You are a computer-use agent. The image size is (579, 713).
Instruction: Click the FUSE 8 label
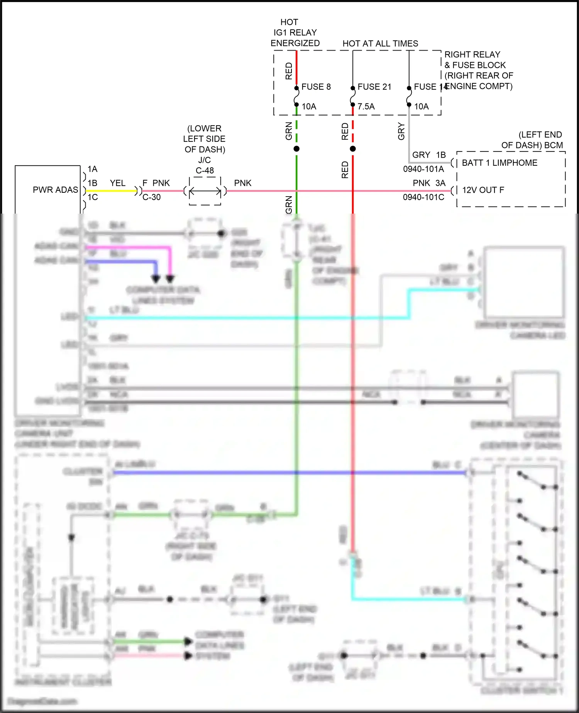(316, 87)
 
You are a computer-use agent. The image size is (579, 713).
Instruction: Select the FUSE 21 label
(374, 87)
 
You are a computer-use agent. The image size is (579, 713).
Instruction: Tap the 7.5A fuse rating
(366, 107)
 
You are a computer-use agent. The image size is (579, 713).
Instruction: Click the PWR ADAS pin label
(55, 190)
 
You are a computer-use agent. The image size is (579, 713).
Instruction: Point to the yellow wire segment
(110, 191)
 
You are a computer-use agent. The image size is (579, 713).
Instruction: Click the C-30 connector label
(151, 197)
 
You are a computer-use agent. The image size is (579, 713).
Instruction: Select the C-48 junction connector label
(205, 171)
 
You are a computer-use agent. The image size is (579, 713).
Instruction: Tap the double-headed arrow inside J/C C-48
(205, 191)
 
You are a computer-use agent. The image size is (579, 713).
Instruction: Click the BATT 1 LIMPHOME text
(499, 163)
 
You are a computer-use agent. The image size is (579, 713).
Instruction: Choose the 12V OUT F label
(483, 190)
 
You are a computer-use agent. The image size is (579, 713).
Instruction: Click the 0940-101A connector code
(423, 169)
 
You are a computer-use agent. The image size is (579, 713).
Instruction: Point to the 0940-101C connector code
(423, 197)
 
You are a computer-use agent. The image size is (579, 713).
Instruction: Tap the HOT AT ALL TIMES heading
(380, 44)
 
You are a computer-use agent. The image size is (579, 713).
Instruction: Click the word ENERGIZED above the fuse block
(295, 43)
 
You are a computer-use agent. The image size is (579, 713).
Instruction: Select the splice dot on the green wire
(296, 149)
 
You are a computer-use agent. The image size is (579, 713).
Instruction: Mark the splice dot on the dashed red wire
(353, 149)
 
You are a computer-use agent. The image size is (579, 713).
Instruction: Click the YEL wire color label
(117, 183)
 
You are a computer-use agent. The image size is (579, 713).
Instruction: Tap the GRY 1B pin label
(429, 155)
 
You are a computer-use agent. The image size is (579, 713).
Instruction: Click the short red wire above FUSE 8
(296, 68)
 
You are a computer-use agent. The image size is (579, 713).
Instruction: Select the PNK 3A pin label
(429, 183)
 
